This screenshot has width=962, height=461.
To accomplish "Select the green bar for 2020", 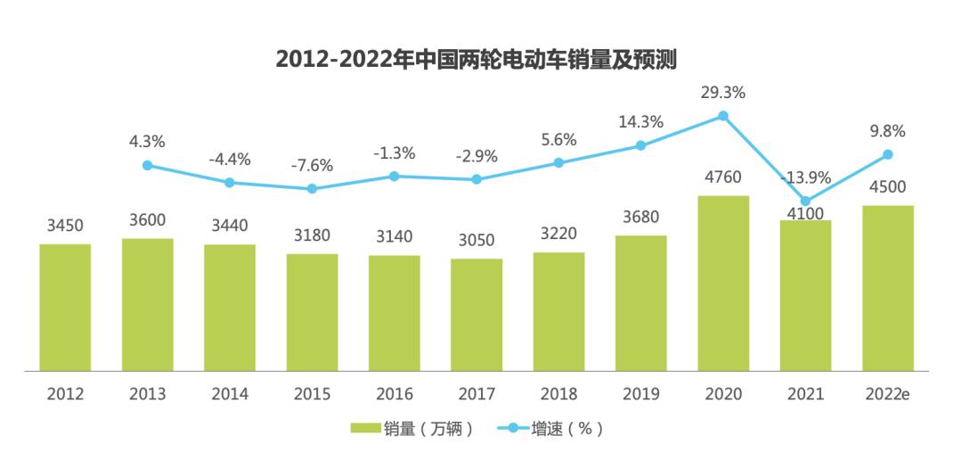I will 723,284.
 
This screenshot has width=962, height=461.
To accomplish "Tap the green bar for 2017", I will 477,315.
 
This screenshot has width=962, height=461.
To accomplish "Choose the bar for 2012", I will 65,308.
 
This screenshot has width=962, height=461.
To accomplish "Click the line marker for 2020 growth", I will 723,116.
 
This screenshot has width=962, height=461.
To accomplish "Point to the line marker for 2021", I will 805,202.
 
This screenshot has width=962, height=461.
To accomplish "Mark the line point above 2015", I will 312,189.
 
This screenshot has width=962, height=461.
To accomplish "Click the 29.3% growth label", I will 723,93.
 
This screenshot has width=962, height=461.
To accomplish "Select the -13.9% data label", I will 805,177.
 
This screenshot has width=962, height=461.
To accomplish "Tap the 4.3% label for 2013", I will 147,142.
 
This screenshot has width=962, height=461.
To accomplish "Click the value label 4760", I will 723,177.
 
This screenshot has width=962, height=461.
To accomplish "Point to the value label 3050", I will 477,240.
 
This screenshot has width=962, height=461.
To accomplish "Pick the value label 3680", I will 640,217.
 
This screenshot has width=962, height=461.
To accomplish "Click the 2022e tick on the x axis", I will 888,394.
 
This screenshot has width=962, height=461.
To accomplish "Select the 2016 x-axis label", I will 394,394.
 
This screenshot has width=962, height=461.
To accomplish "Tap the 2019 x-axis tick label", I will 640,394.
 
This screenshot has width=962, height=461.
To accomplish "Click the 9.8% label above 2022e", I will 888,131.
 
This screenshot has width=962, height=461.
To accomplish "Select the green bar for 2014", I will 230,308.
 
